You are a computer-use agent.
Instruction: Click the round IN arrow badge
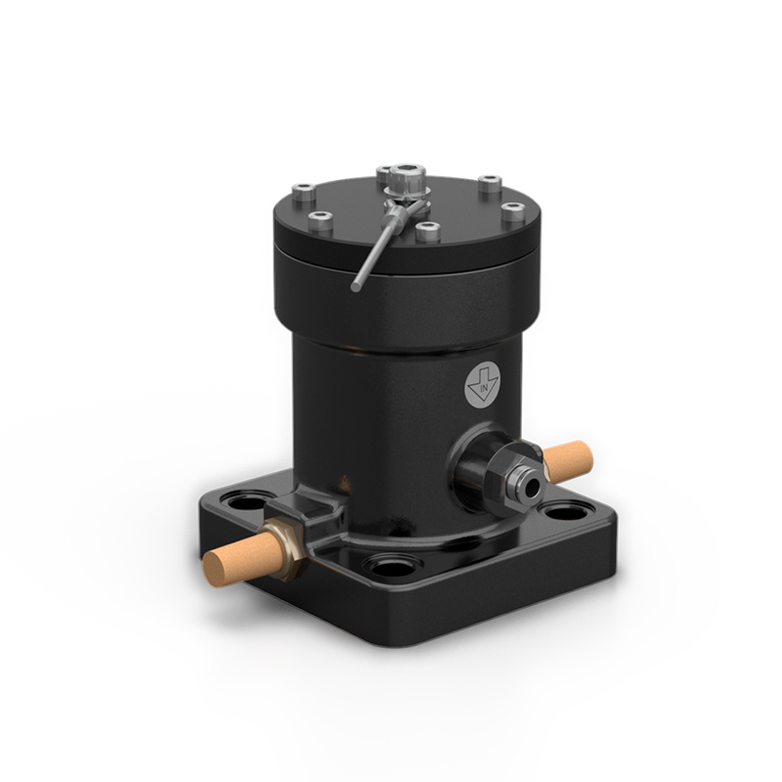pyautogui.click(x=482, y=385)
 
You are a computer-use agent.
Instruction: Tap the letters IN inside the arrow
pyautogui.click(x=483, y=387)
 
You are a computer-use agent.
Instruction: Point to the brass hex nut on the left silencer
pyautogui.click(x=286, y=548)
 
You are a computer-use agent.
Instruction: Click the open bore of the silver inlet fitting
pyautogui.click(x=532, y=484)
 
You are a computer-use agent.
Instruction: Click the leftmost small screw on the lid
pyautogui.click(x=303, y=192)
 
